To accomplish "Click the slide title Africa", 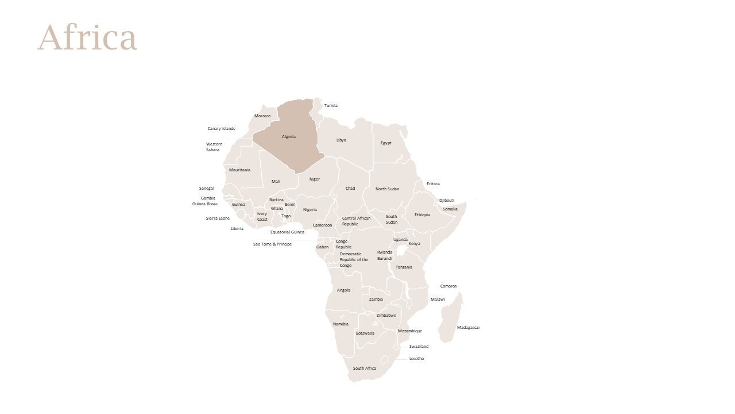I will click(x=87, y=38).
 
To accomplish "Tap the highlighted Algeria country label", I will click(x=289, y=137).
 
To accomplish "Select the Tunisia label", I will click(x=331, y=106).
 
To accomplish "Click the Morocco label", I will click(x=262, y=116).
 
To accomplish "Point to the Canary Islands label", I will click(x=221, y=129).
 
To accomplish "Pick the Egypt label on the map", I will click(x=386, y=143).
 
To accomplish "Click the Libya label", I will click(x=341, y=140).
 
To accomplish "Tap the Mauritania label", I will click(x=239, y=170).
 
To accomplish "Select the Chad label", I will click(x=350, y=189).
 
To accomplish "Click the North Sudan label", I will click(x=387, y=189).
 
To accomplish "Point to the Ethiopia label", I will click(x=422, y=215).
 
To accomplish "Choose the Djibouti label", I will click(x=447, y=201).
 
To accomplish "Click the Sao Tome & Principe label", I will click(x=272, y=244).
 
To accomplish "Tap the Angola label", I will click(x=343, y=290).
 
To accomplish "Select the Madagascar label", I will click(x=468, y=328).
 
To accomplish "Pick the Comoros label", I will click(x=448, y=286).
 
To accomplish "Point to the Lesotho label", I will click(x=416, y=359).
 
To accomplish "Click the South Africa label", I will click(x=365, y=369).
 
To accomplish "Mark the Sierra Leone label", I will click(x=218, y=218).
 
